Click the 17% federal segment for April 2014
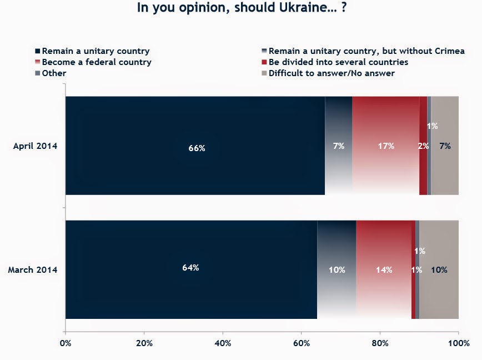tap(385, 146)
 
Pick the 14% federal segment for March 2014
tap(383, 269)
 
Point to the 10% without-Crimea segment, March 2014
tap(337, 269)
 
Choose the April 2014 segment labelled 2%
tap(423, 146)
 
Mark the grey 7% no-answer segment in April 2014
tap(445, 146)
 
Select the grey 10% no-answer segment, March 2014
tap(439, 269)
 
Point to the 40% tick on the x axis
tap(223, 342)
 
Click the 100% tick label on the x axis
tap(458, 342)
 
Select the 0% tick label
tap(66, 342)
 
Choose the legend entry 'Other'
tap(54, 73)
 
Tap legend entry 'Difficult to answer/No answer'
tap(332, 73)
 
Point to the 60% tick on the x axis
tap(302, 342)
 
